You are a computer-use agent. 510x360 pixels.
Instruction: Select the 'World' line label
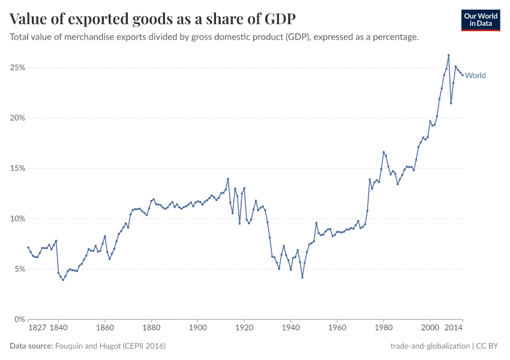point(475,76)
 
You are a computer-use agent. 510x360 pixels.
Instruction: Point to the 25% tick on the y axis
point(17,68)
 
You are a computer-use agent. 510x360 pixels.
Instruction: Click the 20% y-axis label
point(17,118)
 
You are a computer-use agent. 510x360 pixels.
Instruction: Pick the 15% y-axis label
point(17,169)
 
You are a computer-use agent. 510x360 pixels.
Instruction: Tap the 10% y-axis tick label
point(17,219)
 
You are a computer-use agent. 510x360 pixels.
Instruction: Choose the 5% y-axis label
point(19,269)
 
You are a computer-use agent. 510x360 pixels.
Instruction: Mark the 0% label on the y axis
point(19,319)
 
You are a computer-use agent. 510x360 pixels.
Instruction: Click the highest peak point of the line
point(448,55)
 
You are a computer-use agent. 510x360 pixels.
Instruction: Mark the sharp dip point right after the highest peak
point(451,103)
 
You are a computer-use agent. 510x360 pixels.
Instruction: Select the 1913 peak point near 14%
point(228,179)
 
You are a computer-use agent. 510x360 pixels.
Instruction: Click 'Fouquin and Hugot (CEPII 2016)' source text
point(110,346)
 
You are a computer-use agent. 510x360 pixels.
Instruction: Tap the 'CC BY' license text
point(489,346)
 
